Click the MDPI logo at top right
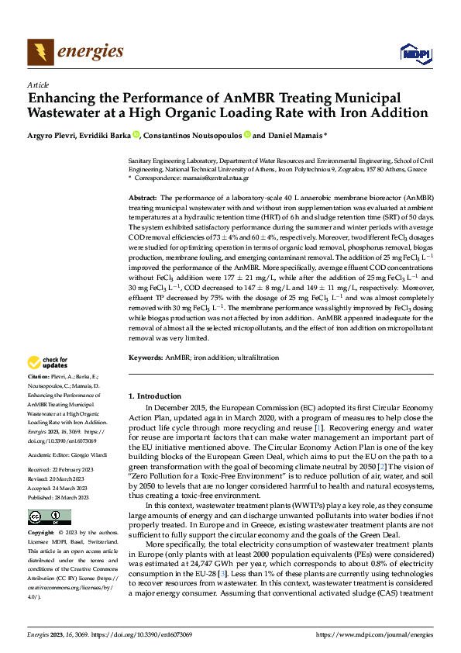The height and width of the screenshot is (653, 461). tap(412, 53)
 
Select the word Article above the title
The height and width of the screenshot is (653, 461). tap(37, 85)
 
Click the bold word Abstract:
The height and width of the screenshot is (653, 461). tap(143, 199)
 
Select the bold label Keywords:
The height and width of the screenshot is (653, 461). tap(145, 358)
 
